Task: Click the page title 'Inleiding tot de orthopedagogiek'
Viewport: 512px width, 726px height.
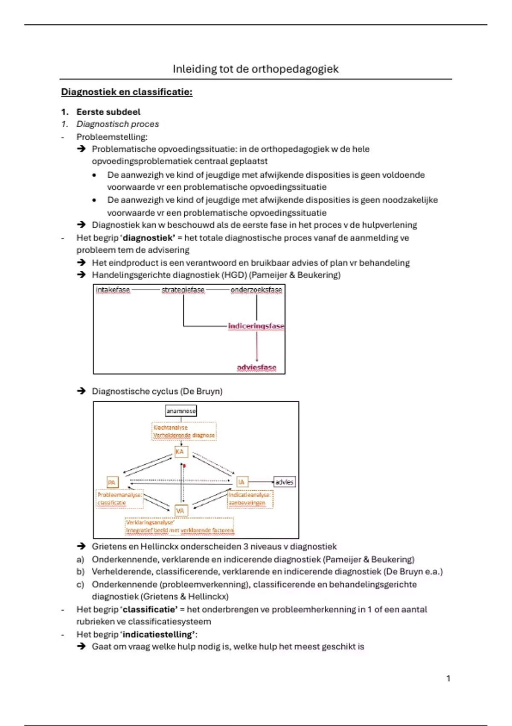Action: [256, 69]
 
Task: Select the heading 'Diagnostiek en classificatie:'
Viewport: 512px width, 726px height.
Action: [127, 92]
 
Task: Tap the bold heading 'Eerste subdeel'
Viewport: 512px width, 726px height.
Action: [108, 112]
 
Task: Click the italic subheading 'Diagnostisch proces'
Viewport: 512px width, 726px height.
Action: [117, 124]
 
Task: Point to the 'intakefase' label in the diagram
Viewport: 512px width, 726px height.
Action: [113, 290]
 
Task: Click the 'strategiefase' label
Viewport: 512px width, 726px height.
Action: [183, 290]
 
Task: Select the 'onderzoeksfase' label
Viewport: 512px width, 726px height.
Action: [256, 290]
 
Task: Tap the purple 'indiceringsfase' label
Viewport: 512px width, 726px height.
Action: [256, 326]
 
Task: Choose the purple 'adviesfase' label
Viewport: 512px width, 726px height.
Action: [256, 367]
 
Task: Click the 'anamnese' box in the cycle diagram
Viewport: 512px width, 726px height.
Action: [181, 411]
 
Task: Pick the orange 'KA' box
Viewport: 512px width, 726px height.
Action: [181, 452]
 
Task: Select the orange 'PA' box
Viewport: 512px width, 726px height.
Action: [112, 483]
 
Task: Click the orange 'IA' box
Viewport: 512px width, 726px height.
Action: [242, 482]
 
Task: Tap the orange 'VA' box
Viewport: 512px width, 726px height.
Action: [181, 511]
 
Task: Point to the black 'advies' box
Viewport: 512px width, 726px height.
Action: [284, 482]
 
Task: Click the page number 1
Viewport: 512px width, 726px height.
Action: [448, 678]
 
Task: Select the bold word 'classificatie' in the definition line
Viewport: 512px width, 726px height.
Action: [149, 609]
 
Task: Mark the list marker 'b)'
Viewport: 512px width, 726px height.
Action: [80, 571]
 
